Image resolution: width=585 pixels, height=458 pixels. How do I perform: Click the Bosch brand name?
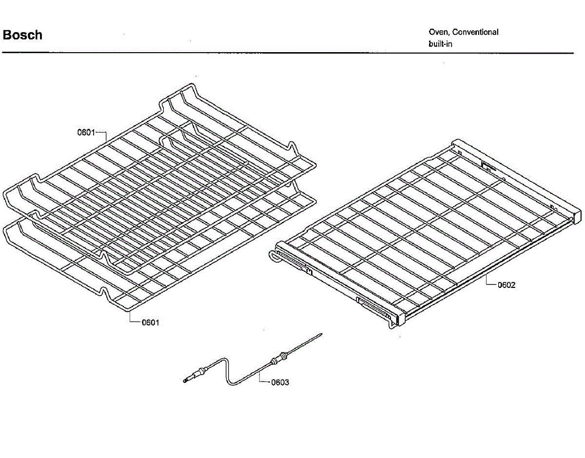(x=22, y=35)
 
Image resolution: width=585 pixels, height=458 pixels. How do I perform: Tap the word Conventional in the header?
(x=475, y=32)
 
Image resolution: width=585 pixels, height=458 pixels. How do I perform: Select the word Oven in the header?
(x=439, y=32)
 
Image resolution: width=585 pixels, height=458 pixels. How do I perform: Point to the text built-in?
(x=441, y=44)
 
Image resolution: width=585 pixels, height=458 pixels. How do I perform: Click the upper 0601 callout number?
(x=85, y=132)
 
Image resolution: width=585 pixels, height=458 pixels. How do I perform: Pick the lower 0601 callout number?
(x=150, y=323)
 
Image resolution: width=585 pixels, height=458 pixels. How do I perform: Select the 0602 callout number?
(x=506, y=285)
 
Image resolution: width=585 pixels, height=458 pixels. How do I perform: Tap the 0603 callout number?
(x=280, y=382)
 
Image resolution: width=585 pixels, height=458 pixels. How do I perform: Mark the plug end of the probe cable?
(x=187, y=379)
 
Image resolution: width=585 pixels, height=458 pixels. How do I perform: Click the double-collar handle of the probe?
(x=278, y=359)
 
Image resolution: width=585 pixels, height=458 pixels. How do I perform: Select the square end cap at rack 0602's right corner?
(x=576, y=213)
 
